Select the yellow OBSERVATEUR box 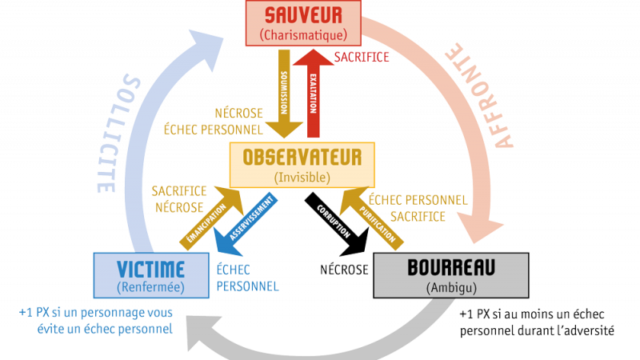click(x=302, y=164)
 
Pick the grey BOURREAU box click(x=450, y=274)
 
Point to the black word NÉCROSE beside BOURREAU click(x=344, y=270)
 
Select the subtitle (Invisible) click(x=302, y=175)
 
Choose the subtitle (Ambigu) click(x=450, y=286)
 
